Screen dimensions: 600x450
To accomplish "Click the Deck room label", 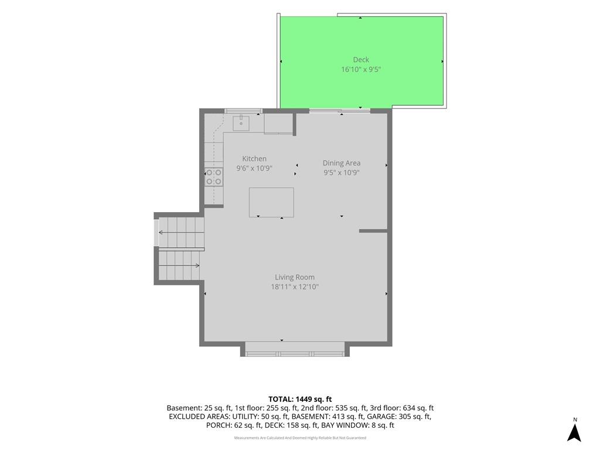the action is tap(361, 60).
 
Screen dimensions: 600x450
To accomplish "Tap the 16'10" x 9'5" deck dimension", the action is tap(361, 70).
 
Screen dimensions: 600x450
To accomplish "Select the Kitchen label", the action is tap(254, 158).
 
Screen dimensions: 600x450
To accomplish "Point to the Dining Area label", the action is tap(342, 163).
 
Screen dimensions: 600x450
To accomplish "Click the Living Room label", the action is tap(295, 277).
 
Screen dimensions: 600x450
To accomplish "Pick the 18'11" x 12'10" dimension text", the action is tap(295, 287).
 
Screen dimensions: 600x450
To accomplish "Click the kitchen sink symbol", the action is tap(241, 123).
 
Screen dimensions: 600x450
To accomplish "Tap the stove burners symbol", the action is tap(213, 177).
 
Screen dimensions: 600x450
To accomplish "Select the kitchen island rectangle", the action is tap(271, 202).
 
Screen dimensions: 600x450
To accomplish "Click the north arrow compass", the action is tap(574, 430).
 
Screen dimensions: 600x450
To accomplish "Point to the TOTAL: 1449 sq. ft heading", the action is tap(299, 400).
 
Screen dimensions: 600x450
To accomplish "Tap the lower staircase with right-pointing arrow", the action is tap(179, 265).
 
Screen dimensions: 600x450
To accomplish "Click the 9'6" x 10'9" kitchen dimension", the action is tap(254, 168).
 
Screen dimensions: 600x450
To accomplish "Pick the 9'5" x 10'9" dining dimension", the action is tap(342, 173).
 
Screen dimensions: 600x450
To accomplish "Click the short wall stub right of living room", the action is tap(373, 231).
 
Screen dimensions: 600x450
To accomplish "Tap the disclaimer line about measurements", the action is tap(300, 438).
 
